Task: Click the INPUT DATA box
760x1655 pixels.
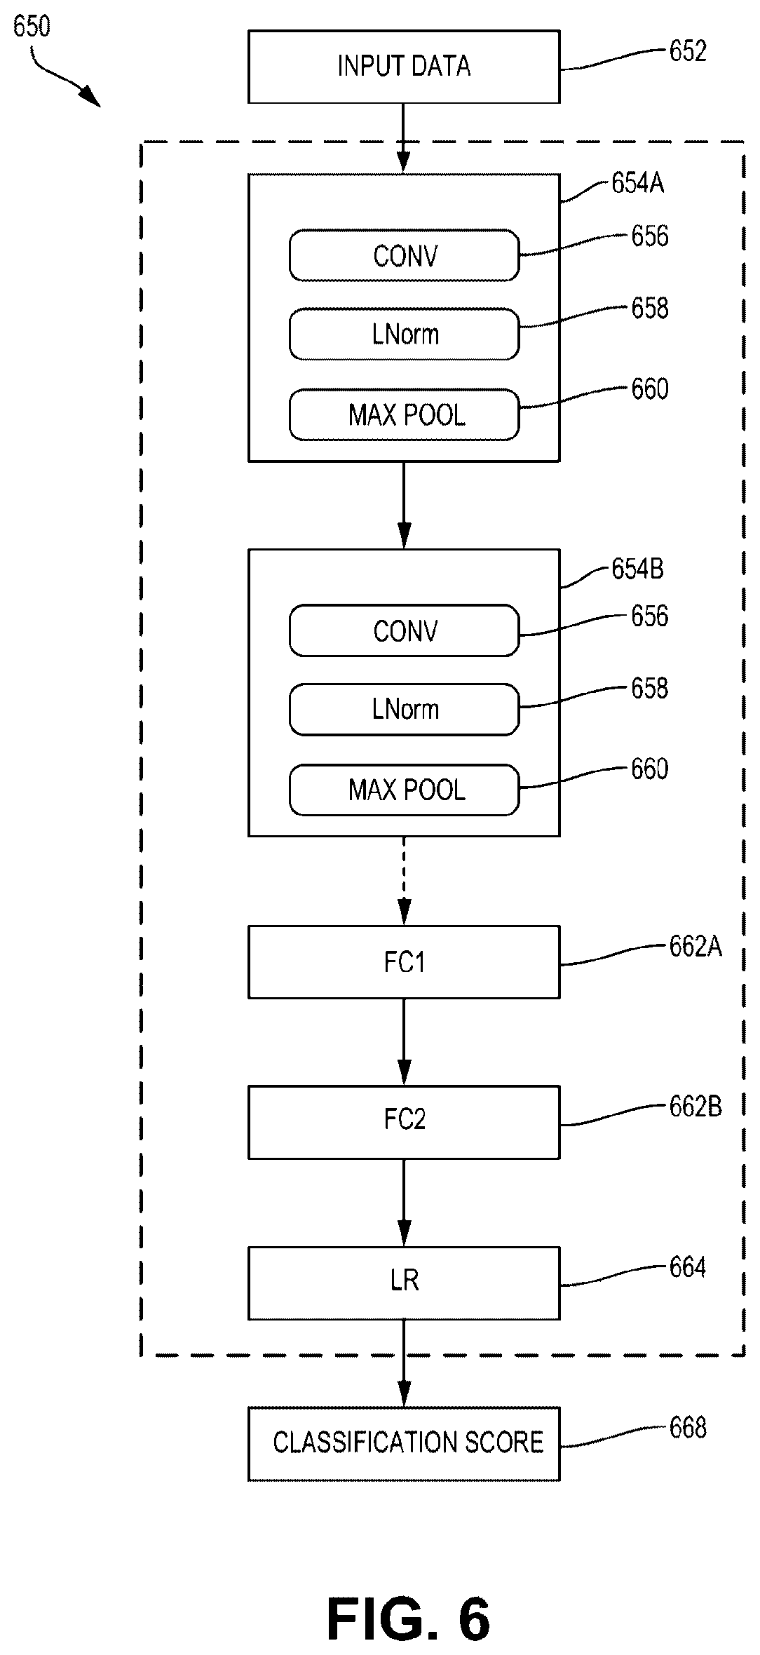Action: tap(404, 67)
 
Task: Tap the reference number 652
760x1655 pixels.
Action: tap(688, 51)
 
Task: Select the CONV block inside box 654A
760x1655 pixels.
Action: tap(405, 255)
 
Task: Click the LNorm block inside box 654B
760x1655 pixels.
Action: tap(405, 710)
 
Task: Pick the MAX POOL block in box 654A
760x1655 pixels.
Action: tap(405, 415)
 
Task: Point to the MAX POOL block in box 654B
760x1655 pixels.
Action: tap(405, 790)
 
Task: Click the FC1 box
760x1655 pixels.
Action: tap(404, 962)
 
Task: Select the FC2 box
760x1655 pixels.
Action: tap(404, 1122)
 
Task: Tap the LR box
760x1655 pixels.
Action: tap(404, 1283)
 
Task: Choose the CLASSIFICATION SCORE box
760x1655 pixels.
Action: tap(404, 1444)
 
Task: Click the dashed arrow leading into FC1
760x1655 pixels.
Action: tap(404, 881)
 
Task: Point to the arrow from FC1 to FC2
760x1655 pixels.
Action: tap(404, 1042)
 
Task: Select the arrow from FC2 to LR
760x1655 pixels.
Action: tap(404, 1202)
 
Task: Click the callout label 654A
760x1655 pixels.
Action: tap(637, 184)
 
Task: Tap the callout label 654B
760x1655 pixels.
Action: tap(637, 569)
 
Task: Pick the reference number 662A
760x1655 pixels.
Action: tap(695, 947)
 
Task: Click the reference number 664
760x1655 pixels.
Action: tap(688, 1267)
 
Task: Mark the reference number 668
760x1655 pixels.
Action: tap(688, 1428)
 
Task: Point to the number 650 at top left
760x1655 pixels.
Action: tap(32, 27)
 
